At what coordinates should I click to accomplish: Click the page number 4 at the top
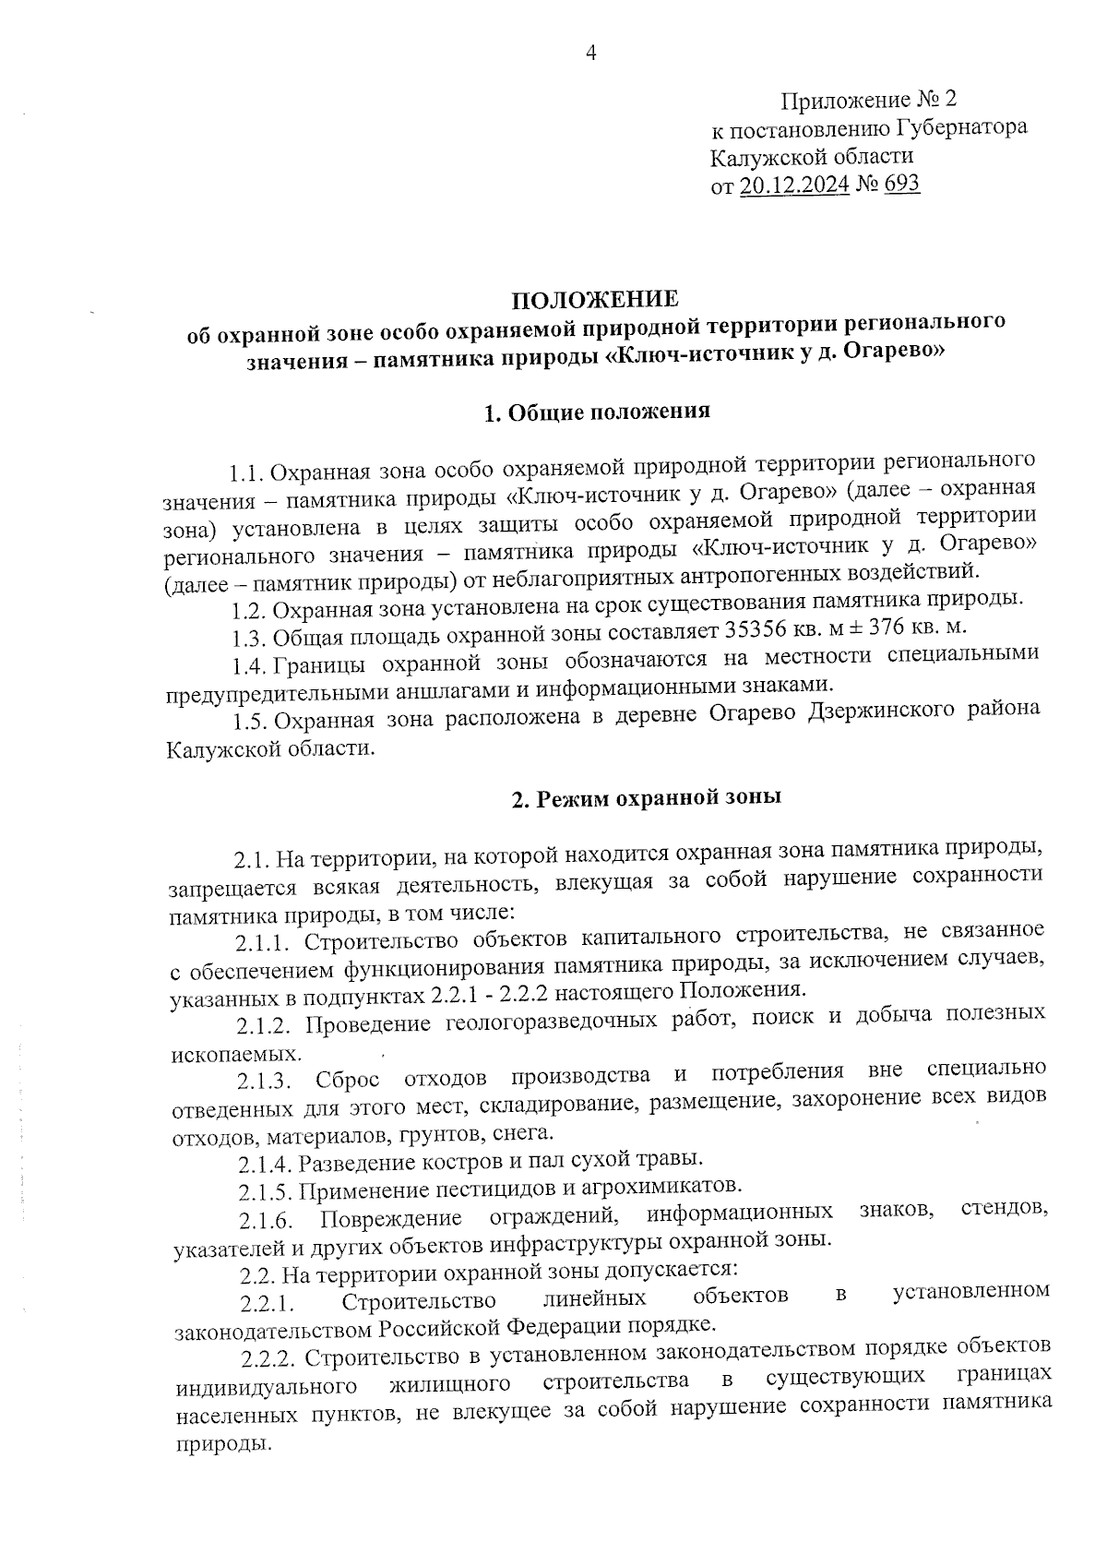pyautogui.click(x=591, y=54)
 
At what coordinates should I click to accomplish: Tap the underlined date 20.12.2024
pyautogui.click(x=794, y=185)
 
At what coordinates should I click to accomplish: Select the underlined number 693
pyautogui.click(x=901, y=184)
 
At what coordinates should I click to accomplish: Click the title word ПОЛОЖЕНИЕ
pyautogui.click(x=595, y=299)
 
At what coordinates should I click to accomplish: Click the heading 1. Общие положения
pyautogui.click(x=597, y=412)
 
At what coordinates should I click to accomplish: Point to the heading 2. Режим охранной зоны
pyautogui.click(x=647, y=797)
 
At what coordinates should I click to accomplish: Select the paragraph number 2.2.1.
pyautogui.click(x=267, y=1304)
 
